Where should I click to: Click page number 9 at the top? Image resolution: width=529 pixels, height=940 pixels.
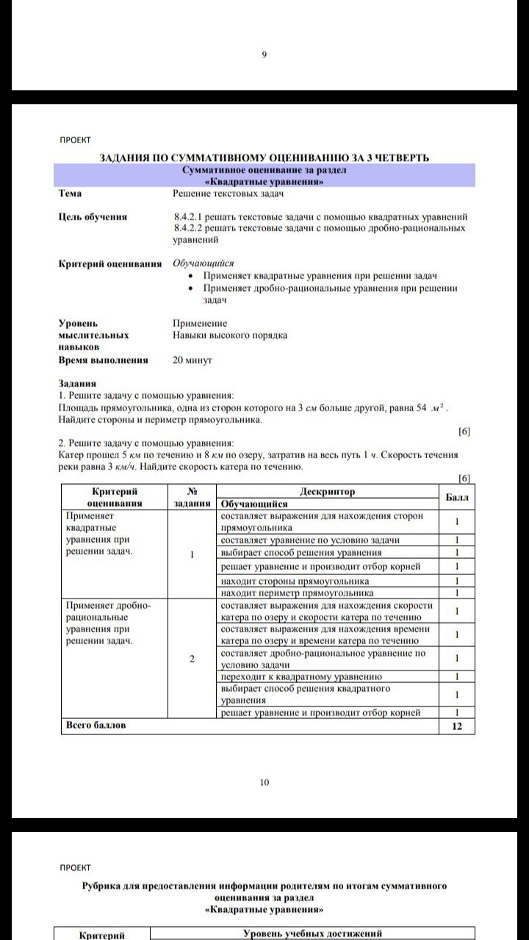[264, 54]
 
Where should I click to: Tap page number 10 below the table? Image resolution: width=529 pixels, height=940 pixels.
[264, 783]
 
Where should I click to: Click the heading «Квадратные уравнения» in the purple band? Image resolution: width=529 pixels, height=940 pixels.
[264, 181]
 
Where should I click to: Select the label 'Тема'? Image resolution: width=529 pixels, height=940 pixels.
[71, 193]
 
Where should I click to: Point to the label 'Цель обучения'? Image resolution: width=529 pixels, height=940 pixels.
[93, 217]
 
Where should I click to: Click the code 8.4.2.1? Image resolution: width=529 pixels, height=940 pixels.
[188, 217]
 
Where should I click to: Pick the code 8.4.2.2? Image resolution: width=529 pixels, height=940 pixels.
[188, 228]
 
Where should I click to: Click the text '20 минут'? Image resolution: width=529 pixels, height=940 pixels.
[192, 361]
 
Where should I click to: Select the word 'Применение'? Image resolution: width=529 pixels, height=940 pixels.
[200, 323]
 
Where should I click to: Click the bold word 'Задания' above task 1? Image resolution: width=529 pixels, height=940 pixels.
[77, 383]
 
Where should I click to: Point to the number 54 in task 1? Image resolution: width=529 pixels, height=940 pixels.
[421, 408]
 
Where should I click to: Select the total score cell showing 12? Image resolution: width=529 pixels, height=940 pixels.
[457, 726]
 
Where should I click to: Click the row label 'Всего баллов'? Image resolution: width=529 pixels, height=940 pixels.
[96, 726]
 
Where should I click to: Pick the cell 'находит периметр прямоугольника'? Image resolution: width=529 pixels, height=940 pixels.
[297, 593]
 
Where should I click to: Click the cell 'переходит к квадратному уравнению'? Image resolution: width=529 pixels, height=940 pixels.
[301, 676]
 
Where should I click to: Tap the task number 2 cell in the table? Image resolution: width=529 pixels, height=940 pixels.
[191, 659]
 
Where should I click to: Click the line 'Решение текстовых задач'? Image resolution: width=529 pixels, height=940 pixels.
[228, 193]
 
